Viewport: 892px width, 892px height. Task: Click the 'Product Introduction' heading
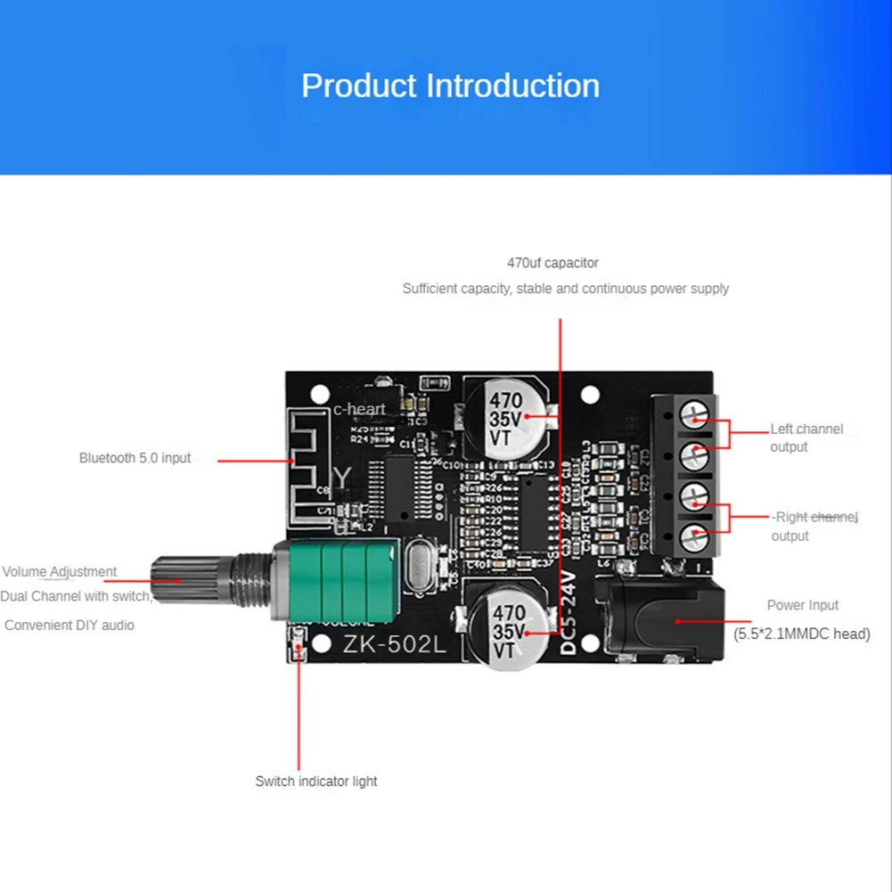[x=450, y=86]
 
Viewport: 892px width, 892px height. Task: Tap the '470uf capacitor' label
[x=552, y=263]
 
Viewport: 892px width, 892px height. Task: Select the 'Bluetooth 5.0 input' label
[x=135, y=458]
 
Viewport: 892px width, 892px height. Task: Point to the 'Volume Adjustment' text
[x=60, y=572]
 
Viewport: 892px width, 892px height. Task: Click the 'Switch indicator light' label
[x=316, y=782]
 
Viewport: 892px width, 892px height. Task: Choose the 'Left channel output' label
[x=806, y=438]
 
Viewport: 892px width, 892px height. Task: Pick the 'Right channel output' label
[x=814, y=526]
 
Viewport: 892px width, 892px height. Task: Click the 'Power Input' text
[x=802, y=605]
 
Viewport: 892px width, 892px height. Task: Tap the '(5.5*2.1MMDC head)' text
[x=801, y=634]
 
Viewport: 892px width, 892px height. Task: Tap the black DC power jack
[x=659, y=620]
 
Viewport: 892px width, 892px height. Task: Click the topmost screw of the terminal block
[x=694, y=413]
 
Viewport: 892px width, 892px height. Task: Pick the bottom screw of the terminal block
[x=694, y=538]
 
